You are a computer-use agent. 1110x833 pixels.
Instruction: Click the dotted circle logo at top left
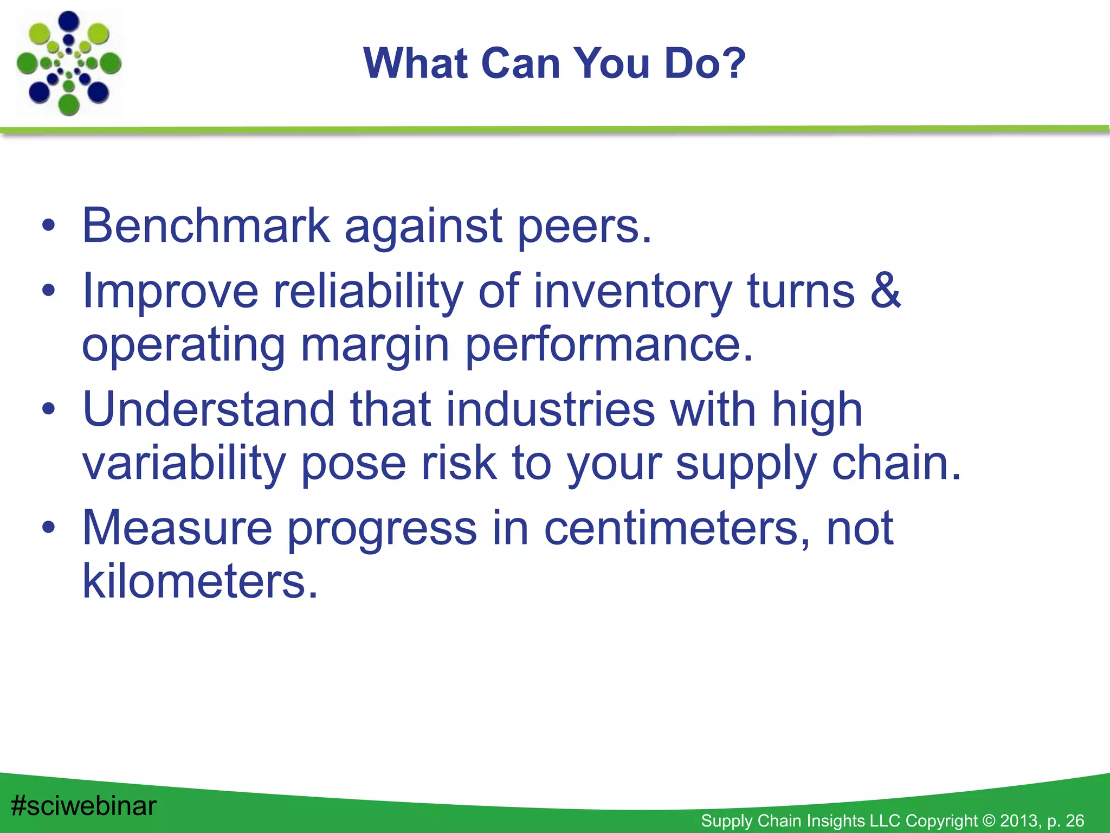pyautogui.click(x=69, y=63)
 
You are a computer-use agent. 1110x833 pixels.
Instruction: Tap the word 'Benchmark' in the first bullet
pyautogui.click(x=205, y=226)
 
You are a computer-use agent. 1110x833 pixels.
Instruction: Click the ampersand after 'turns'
pyautogui.click(x=885, y=291)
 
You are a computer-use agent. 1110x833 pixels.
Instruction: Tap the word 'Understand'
pyautogui.click(x=208, y=409)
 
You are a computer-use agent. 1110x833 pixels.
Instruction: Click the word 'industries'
pyautogui.click(x=550, y=409)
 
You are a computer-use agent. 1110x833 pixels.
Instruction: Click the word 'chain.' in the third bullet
pyautogui.click(x=896, y=463)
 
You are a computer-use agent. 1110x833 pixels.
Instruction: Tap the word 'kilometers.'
pyautogui.click(x=200, y=582)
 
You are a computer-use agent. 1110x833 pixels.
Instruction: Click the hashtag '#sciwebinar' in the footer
pyautogui.click(x=83, y=806)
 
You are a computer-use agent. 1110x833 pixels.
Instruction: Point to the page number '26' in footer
pyautogui.click(x=1074, y=821)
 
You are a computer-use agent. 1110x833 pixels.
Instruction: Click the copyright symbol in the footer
pyautogui.click(x=989, y=821)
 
